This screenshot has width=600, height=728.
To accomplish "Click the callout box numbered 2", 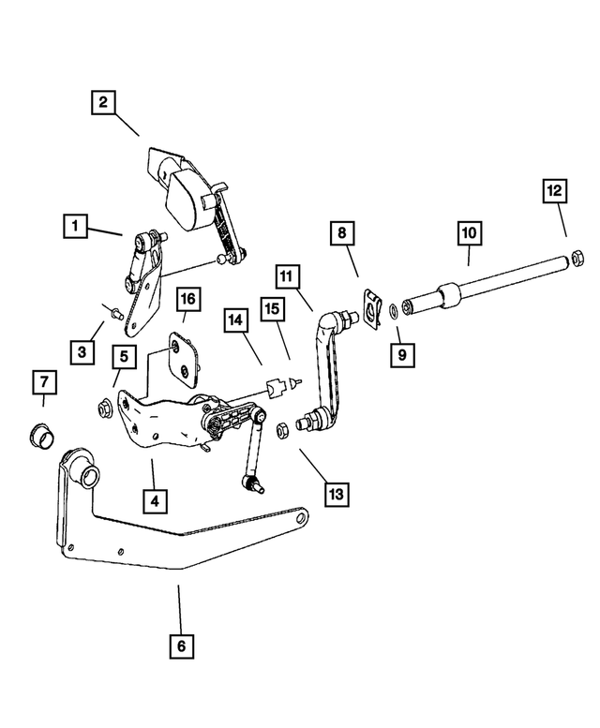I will point(104,101).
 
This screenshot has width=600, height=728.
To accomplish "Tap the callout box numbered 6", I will point(182,646).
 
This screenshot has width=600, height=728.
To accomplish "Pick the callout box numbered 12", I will point(555,191).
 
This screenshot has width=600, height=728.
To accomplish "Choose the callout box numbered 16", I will point(187,299).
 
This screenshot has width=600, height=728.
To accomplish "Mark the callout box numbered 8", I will point(341,231).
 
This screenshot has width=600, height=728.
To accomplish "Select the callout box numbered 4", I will point(156,500).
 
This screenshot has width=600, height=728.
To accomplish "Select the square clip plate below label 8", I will point(372,306).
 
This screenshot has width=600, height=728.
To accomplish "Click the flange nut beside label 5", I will point(105,409).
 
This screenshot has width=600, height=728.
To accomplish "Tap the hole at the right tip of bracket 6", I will point(299,515).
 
